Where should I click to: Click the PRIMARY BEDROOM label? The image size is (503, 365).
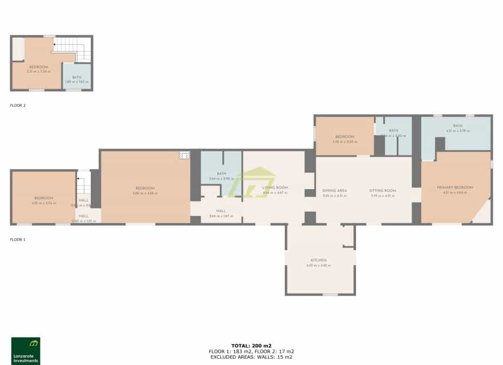pyautogui.click(x=455, y=188)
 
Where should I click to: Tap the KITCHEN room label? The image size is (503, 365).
pyautogui.click(x=319, y=260)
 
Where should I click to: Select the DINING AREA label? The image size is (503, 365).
pyautogui.click(x=335, y=191)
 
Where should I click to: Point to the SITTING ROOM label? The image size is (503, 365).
pyautogui.click(x=382, y=191)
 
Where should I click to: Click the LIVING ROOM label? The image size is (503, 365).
pyautogui.click(x=275, y=188)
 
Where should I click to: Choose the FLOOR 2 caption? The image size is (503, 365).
pyautogui.click(x=18, y=106)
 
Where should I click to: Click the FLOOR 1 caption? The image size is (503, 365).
pyautogui.click(x=18, y=240)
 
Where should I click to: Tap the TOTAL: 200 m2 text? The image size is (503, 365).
pyautogui.click(x=251, y=346)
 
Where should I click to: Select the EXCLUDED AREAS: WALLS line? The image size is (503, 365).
pyautogui.click(x=251, y=356)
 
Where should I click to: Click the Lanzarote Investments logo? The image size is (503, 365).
pyautogui.click(x=26, y=351)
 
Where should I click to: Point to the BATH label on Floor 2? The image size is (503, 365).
pyautogui.click(x=76, y=77)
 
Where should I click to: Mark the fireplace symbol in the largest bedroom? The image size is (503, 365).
pyautogui.click(x=184, y=156)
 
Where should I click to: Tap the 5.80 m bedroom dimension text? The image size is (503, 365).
pyautogui.click(x=145, y=193)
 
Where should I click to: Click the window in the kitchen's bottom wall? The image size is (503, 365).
pyautogui.click(x=330, y=294)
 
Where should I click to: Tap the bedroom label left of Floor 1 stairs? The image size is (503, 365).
pyautogui.click(x=44, y=198)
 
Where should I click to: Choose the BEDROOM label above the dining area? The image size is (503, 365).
pyautogui.click(x=344, y=137)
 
